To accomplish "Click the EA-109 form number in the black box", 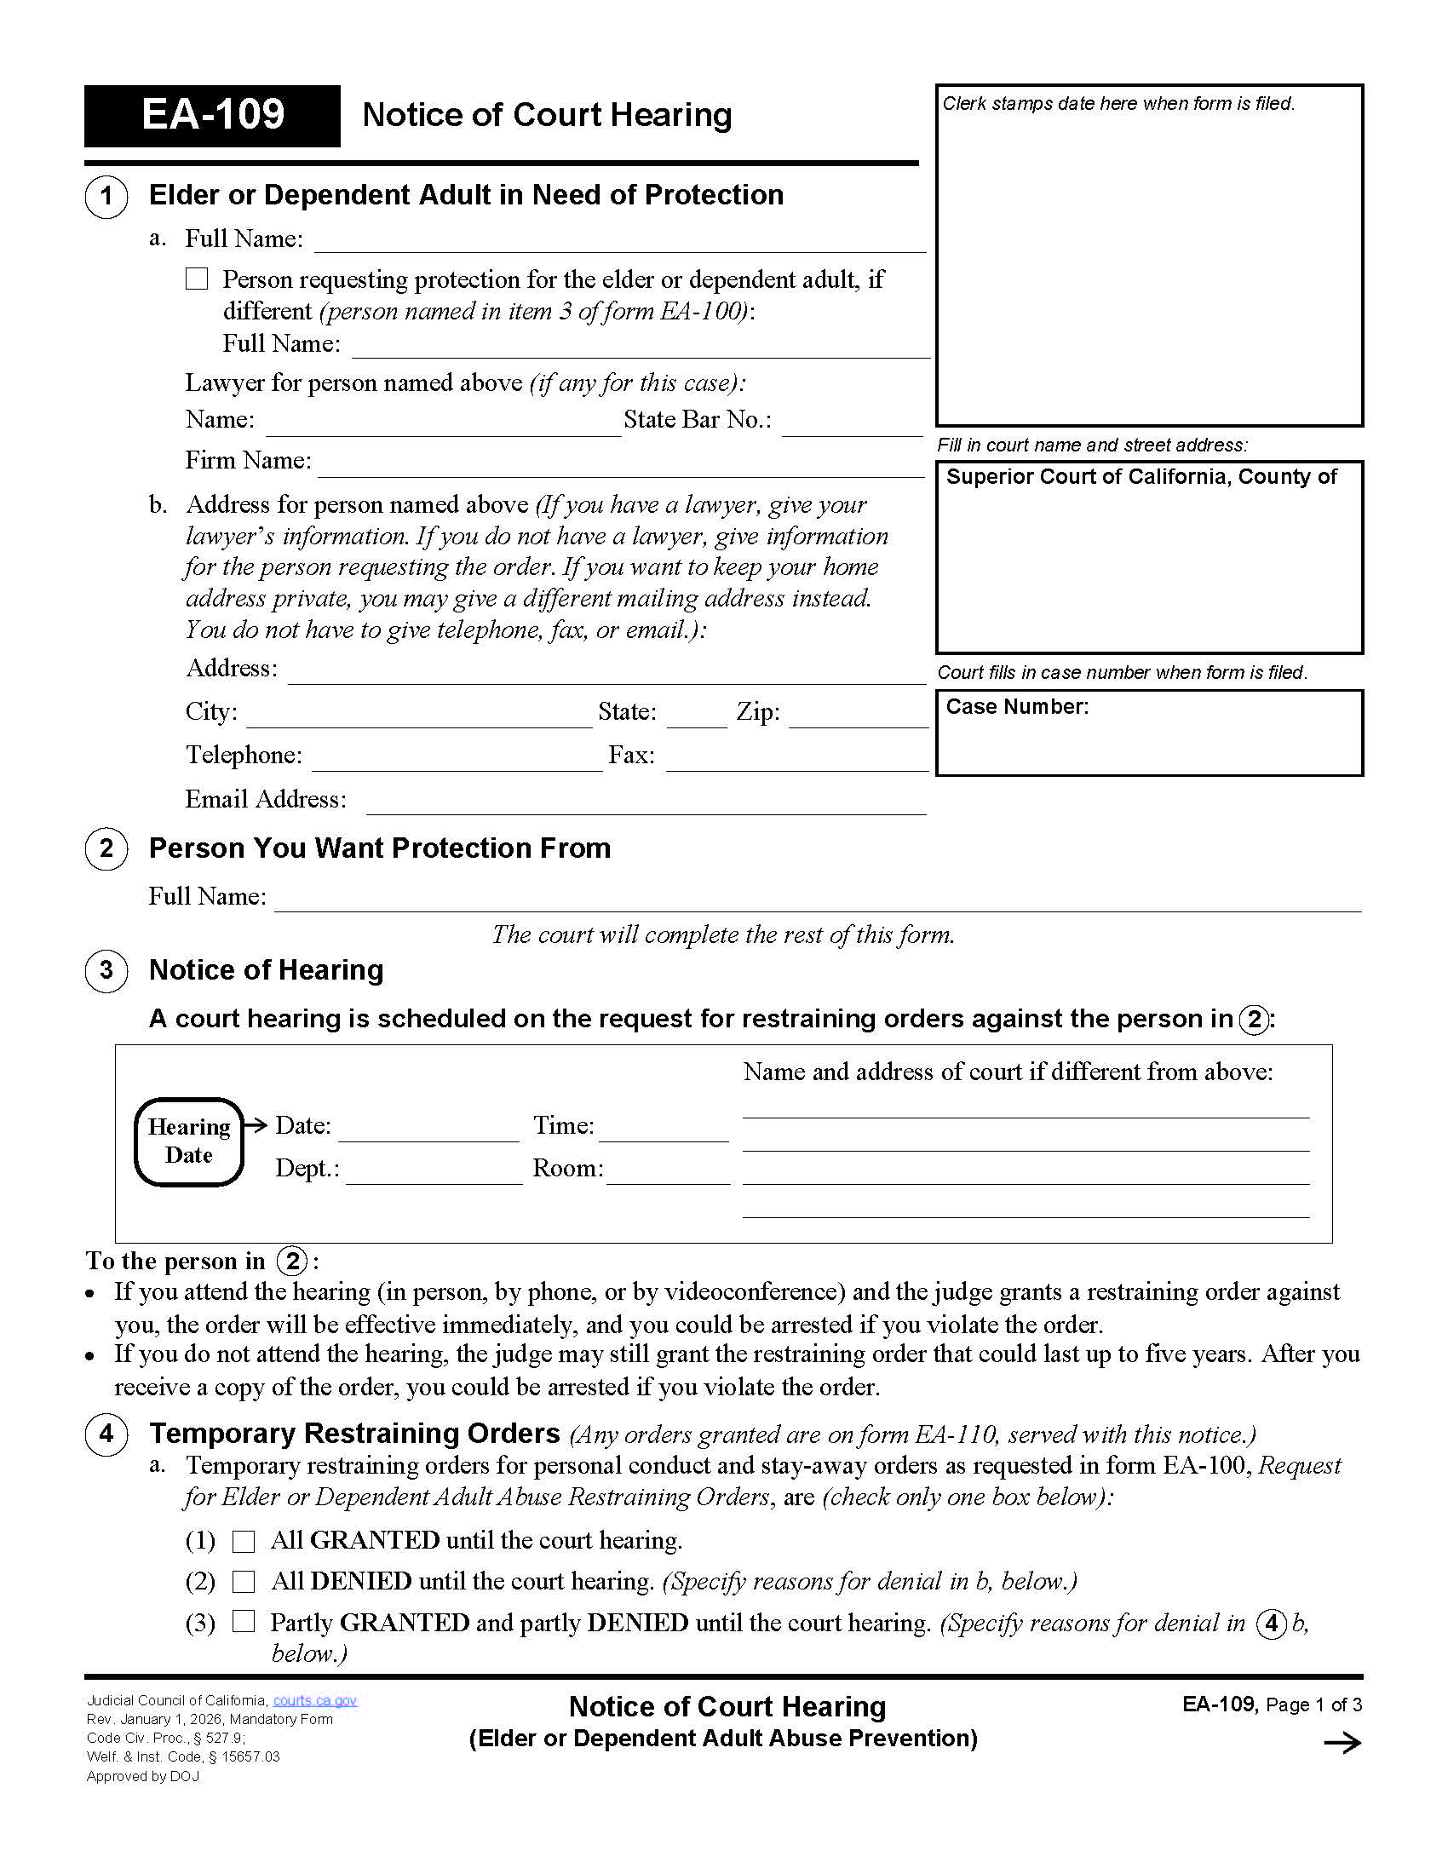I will [x=212, y=115].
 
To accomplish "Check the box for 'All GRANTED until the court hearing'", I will [x=244, y=1542].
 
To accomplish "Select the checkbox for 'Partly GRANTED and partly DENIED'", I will [x=244, y=1622].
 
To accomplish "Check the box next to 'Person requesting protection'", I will [x=197, y=279].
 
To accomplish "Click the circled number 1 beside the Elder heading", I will [x=106, y=196].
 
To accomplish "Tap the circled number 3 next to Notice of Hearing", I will [x=106, y=971].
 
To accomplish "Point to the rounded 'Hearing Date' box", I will [x=189, y=1142].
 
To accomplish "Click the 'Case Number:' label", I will [x=1016, y=707].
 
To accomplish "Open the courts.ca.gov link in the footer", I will [x=315, y=1701].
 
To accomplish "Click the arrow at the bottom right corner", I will [x=1342, y=1743].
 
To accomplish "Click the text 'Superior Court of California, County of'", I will [x=1141, y=477].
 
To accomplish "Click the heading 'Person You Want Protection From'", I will [x=379, y=848].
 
